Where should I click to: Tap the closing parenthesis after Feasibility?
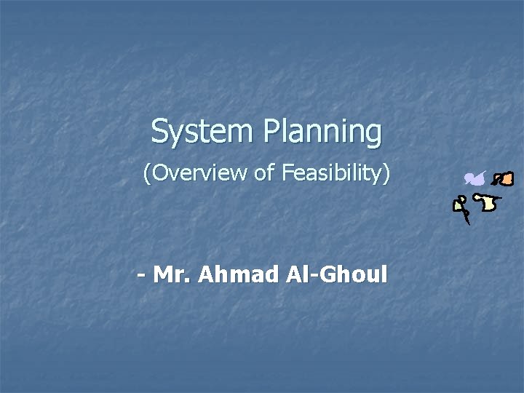click(386, 174)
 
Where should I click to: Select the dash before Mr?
click(141, 275)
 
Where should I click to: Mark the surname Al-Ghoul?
click(337, 275)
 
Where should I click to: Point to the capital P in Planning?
click(271, 132)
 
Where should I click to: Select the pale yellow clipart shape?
click(488, 203)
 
